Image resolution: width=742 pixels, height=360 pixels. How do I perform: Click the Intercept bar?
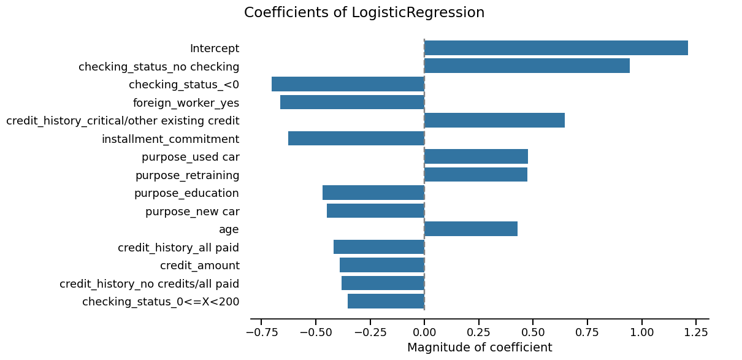[556, 48]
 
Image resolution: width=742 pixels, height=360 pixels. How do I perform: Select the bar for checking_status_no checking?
[527, 66]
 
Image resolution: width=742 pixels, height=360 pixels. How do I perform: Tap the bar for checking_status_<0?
[348, 84]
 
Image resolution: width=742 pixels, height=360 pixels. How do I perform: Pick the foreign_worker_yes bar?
[352, 102]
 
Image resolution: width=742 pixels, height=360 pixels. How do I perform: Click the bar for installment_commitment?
[356, 139]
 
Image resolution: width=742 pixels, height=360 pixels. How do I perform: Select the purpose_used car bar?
[476, 156]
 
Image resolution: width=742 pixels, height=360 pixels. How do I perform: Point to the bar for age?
[470, 229]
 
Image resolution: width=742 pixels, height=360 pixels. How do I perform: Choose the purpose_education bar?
[373, 193]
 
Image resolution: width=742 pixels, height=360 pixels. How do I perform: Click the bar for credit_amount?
[382, 265]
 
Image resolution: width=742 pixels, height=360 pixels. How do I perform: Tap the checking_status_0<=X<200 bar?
[386, 301]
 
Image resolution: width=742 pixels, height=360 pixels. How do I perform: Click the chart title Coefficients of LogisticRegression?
[364, 13]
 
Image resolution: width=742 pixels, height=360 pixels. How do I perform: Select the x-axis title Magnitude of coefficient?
[480, 348]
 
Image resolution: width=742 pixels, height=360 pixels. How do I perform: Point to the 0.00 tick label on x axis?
[424, 332]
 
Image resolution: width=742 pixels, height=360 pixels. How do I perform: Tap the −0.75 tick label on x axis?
[261, 332]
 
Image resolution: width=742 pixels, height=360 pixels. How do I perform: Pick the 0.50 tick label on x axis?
[533, 332]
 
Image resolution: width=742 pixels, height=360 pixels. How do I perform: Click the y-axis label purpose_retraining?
[187, 175]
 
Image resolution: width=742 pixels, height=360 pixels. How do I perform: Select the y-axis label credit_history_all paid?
[178, 248]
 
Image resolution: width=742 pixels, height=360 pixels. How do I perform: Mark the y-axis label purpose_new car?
[192, 212]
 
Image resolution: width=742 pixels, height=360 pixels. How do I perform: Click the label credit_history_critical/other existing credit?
[123, 121]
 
